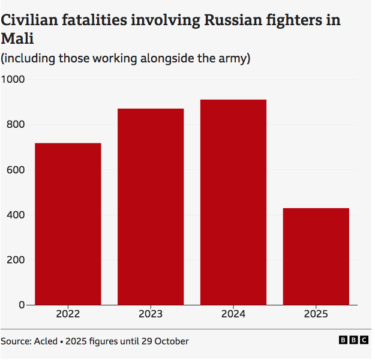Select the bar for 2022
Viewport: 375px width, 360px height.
tap(68, 224)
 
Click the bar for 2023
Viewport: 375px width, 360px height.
tap(151, 206)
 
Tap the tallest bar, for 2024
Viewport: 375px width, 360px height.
tap(233, 202)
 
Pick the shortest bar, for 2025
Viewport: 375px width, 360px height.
tap(316, 256)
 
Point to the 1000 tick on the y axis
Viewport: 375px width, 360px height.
tap(13, 79)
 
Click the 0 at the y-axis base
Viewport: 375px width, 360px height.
tap(22, 305)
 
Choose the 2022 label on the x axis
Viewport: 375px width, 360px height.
tap(68, 314)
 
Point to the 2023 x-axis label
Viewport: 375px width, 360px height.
tap(151, 314)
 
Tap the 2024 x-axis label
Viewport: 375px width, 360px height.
tap(233, 314)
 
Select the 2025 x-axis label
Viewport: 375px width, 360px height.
tap(316, 314)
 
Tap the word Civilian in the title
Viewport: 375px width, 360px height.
tap(29, 20)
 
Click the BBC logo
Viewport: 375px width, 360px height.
tap(353, 340)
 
